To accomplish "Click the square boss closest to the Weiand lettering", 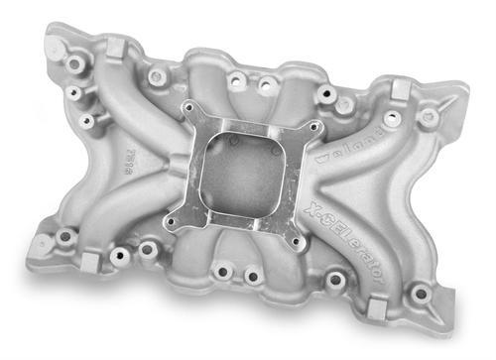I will [x=401, y=90].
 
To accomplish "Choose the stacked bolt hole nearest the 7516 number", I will [x=88, y=121].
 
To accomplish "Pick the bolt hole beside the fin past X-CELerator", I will [x=422, y=294].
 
